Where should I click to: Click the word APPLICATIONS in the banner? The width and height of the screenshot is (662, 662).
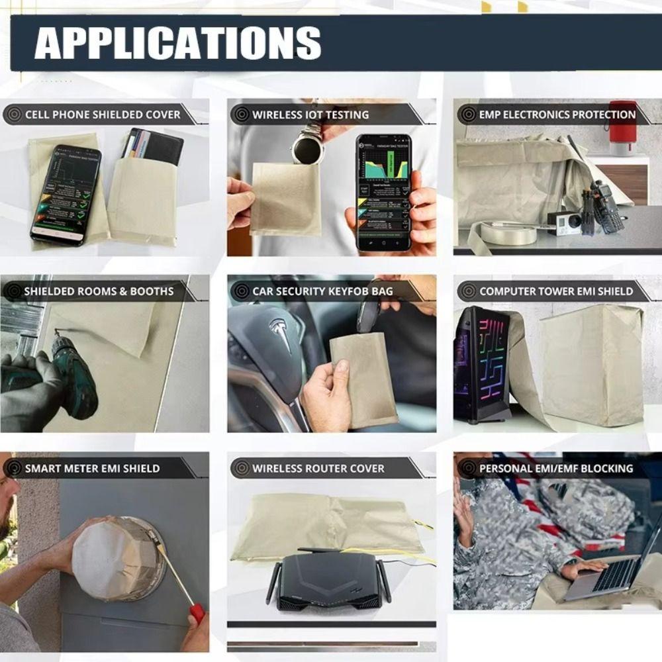coord(177,44)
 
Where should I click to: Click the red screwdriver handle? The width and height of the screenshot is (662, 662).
coord(197,612)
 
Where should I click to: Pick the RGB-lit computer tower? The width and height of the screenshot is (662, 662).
coord(481,364)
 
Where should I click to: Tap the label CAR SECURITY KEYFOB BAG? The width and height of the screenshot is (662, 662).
coord(322,291)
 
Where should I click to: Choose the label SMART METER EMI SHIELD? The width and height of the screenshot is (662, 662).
coord(92,468)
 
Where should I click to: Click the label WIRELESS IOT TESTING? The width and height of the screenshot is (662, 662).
coord(310,115)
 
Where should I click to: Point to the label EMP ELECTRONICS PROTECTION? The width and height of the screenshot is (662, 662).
coord(557,115)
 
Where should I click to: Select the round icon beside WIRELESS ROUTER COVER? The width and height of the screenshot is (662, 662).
coord(241,468)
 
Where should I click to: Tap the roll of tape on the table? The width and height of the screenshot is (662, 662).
coord(508,232)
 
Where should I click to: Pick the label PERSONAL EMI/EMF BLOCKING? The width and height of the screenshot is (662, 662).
coord(556,468)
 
